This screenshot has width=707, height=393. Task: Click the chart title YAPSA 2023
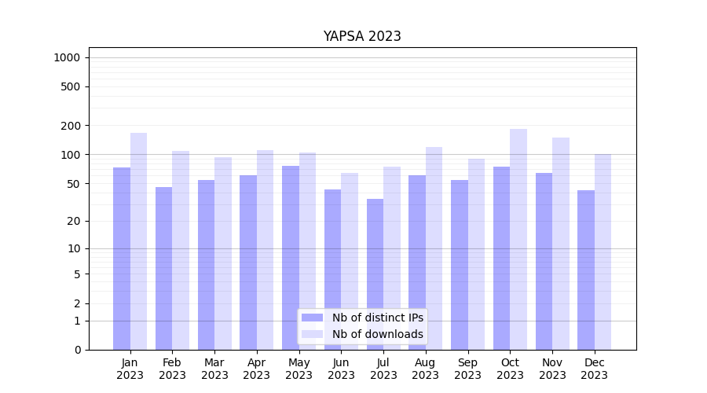[362, 36]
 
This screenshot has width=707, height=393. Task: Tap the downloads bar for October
[518, 239]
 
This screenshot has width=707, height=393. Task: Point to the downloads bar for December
[603, 252]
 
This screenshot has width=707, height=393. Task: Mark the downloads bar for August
[434, 248]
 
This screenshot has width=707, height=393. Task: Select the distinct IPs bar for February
[163, 268]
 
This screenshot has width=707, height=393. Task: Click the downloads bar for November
[561, 244]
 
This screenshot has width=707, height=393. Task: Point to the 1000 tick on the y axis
[67, 57]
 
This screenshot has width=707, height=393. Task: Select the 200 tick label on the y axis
[71, 126]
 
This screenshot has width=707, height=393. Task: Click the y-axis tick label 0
[77, 350]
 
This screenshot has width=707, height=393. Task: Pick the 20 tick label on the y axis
[73, 221]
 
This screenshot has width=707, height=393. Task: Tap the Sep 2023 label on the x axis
[467, 369]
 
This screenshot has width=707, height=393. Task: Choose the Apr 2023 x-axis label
[257, 369]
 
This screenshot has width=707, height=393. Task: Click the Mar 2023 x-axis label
[214, 369]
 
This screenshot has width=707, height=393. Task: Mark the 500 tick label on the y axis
[71, 86]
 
